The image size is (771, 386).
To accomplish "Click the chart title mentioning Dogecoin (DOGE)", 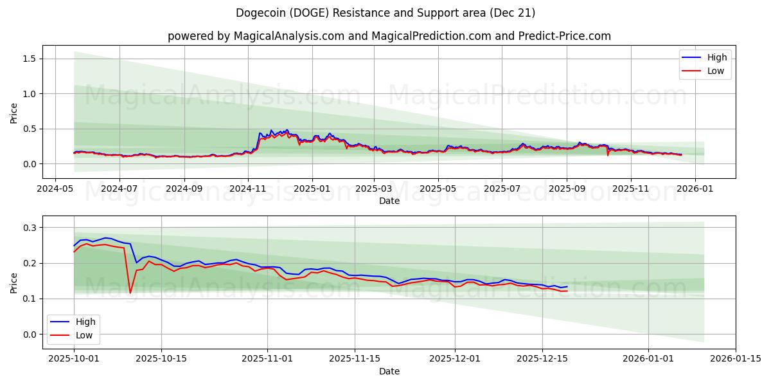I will pos(385,13).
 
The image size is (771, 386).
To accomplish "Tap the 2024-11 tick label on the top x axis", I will pos(247,189).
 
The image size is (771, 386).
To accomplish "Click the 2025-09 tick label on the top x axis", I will pos(567,189).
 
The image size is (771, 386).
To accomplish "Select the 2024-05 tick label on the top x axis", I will pos(55,189).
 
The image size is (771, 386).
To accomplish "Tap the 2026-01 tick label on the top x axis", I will pos(695,189).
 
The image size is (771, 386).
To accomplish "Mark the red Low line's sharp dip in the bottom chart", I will pos(130,293).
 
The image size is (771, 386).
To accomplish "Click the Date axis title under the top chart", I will pos(389,201).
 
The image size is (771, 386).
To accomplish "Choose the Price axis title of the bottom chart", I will pos(13,282).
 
